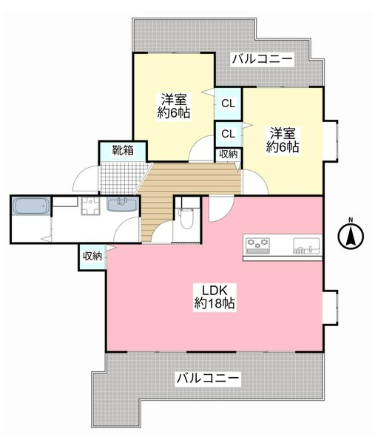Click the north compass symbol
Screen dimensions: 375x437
(351, 236)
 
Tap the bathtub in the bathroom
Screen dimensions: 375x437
(31, 206)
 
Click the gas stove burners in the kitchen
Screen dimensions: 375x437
(257, 245)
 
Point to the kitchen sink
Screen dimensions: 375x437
(306, 245)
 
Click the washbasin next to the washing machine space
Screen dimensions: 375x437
(122, 205)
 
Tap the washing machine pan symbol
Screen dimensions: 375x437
(90, 206)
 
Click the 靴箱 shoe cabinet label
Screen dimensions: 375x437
(123, 151)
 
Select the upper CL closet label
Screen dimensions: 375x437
(228, 104)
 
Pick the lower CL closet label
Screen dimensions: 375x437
(228, 134)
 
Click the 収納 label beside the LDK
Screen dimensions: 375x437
(92, 256)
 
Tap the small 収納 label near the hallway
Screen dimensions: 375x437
(229, 154)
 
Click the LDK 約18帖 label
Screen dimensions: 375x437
(214, 297)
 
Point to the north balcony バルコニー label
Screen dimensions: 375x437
(263, 59)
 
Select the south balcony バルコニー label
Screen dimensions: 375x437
(208, 379)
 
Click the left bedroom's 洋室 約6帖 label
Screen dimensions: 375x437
(174, 106)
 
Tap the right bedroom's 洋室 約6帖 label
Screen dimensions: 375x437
(283, 140)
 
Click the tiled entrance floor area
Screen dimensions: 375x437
(121, 178)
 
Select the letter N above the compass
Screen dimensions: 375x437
(351, 220)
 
